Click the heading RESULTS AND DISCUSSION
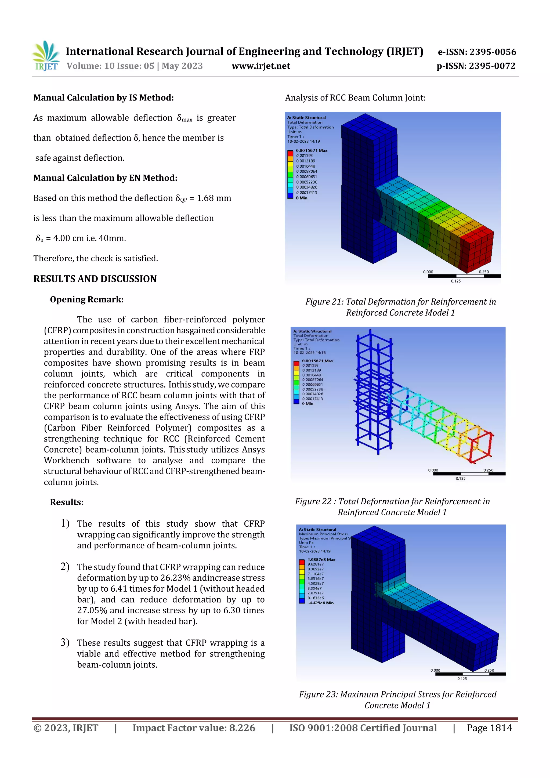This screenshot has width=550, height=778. [x=95, y=279]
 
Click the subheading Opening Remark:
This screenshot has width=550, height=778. [x=87, y=299]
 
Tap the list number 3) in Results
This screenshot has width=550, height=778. [x=65, y=642]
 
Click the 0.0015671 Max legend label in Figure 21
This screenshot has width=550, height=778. [x=312, y=150]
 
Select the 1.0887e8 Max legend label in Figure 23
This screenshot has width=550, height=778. [x=321, y=559]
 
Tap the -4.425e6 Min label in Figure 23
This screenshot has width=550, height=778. [x=320, y=603]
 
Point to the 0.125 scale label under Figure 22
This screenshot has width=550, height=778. [x=460, y=479]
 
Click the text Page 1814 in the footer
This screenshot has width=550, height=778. [x=489, y=728]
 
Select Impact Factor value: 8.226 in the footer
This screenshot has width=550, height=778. [x=194, y=728]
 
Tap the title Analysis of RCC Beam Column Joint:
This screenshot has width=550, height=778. [x=355, y=98]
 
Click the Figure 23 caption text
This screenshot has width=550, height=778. [x=397, y=700]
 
